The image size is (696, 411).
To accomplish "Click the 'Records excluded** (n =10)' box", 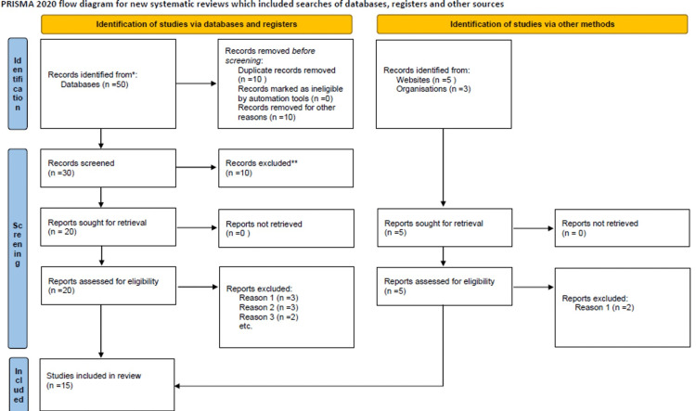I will pyautogui.click(x=286, y=167).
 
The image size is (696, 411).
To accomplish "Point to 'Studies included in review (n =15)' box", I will pyautogui.click(x=110, y=381).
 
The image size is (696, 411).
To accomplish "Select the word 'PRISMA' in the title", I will pyautogui.click(x=16, y=5).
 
